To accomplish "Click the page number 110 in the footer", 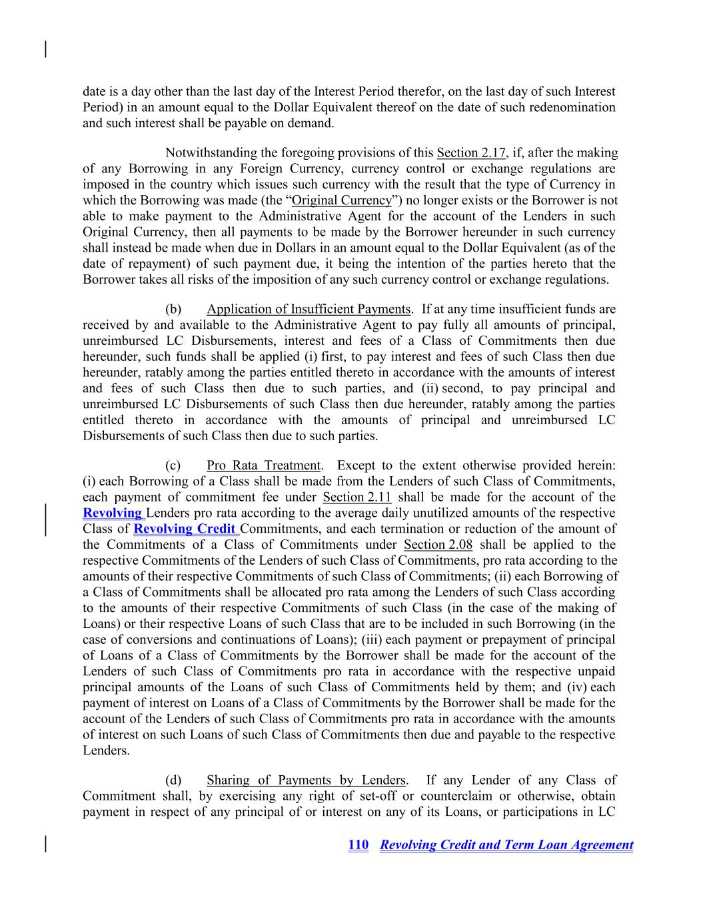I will [x=358, y=845].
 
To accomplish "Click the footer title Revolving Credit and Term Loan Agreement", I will [x=506, y=845].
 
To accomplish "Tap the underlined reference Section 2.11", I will [x=356, y=497].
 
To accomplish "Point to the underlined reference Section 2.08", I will [x=438, y=545].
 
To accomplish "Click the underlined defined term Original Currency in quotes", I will [x=341, y=200].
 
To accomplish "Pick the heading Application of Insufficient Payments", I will [x=308, y=309].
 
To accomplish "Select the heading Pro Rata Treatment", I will [x=263, y=465].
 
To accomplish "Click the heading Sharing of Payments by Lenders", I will [x=306, y=780].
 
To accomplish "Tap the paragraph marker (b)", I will [x=173, y=309].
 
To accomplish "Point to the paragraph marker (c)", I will [x=173, y=465].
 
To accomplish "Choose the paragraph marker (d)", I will [x=173, y=780].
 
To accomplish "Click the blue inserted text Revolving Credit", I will [x=185, y=529].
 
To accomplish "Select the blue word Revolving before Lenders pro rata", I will [x=113, y=513].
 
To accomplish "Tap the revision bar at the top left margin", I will [x=45, y=50].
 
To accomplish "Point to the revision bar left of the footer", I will [x=45, y=843].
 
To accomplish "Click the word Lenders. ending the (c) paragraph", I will [x=106, y=751].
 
